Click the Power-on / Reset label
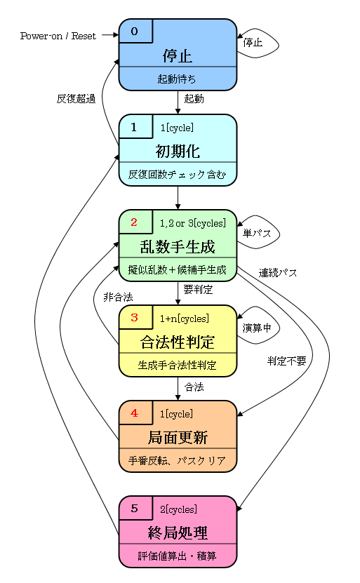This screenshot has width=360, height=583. tap(58, 35)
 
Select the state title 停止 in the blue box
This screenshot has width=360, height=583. tap(177, 55)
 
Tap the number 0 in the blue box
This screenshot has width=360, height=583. tap(135, 31)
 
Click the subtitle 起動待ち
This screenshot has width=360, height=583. tap(177, 79)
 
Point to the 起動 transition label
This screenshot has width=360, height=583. tap(194, 99)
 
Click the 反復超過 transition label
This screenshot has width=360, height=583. tap(76, 99)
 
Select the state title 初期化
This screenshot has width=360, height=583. tap(177, 151)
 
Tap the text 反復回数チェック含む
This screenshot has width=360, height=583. tap(177, 174)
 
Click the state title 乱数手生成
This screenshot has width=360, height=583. tap(177, 246)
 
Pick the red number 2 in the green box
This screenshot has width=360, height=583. tap(134, 222)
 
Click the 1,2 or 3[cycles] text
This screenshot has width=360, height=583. tap(193, 223)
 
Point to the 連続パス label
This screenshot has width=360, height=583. tap(278, 272)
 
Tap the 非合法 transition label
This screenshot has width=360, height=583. tap(118, 297)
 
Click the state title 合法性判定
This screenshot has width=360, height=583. tap(177, 342)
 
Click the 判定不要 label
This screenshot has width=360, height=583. tap(286, 361)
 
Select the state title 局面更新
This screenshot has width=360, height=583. tap(177, 438)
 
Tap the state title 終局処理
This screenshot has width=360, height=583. tap(177, 532)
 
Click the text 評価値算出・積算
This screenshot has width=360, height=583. tap(177, 556)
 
